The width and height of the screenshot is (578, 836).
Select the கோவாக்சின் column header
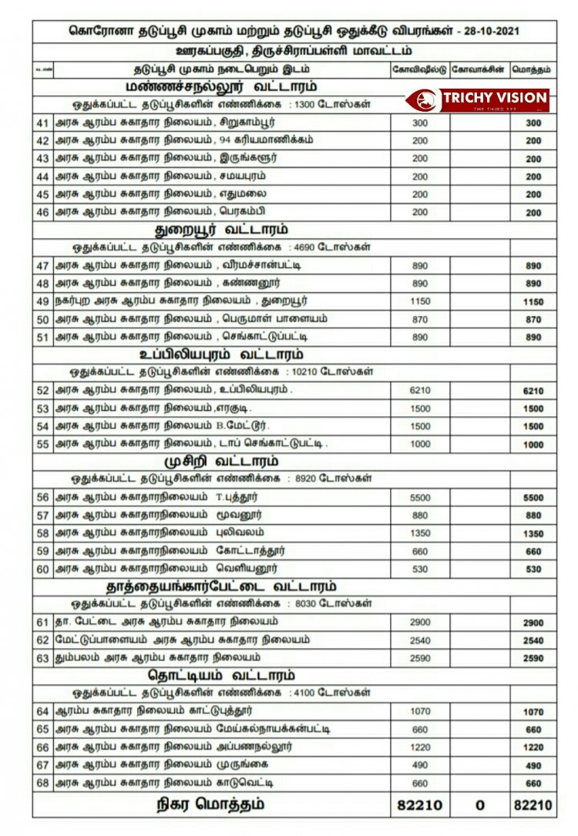point(479,69)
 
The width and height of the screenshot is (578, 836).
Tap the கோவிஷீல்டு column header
point(419,69)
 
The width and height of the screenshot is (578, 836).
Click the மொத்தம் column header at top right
point(533,69)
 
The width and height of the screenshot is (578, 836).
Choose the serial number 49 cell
point(42,300)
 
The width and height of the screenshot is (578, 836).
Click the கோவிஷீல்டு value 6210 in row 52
point(420,391)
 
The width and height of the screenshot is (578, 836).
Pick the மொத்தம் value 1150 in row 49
point(533,301)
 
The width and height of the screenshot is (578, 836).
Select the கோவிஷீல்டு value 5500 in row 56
point(420,498)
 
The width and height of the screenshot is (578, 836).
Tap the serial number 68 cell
point(42,783)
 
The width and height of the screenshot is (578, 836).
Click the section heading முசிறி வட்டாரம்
point(220,462)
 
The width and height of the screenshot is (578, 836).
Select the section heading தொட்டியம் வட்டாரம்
point(222,676)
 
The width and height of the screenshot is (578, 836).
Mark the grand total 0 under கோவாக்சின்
point(479,805)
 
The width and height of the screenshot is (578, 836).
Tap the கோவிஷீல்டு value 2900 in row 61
point(420,623)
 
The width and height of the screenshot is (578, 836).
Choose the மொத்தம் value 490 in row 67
point(533,766)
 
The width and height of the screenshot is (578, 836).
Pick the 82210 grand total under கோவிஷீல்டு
point(420,805)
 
